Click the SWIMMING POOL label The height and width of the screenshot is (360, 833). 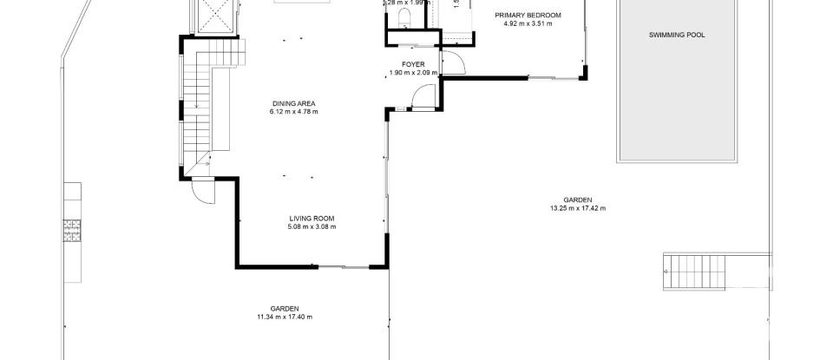[677, 36]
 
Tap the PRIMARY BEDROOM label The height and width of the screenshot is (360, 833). [528, 16]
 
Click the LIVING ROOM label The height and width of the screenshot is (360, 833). [312, 219]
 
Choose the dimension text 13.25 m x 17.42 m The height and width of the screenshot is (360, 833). [577, 208]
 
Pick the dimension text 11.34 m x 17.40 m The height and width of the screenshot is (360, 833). [284, 317]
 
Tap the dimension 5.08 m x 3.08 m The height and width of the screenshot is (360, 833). [312, 226]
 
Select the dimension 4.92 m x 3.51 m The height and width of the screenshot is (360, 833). [528, 23]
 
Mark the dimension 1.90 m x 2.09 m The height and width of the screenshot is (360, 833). [411, 72]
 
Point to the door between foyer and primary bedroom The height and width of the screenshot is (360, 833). [451, 63]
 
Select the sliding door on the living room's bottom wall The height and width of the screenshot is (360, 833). [355, 267]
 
